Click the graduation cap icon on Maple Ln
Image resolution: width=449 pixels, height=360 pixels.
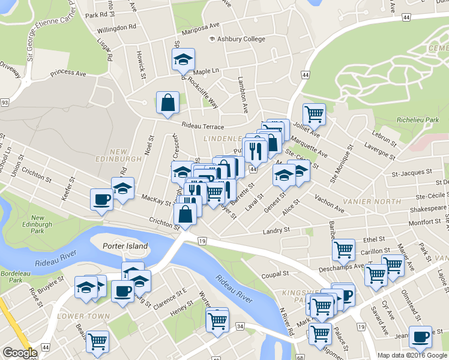click(x=184, y=59)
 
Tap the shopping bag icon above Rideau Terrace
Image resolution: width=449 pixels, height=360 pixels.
click(x=167, y=103)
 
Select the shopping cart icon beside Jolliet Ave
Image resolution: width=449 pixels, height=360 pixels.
click(x=313, y=113)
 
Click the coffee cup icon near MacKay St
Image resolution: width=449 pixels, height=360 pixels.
click(x=101, y=199)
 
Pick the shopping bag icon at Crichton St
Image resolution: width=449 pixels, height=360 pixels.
click(x=185, y=214)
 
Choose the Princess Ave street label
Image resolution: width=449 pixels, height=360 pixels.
click(x=68, y=74)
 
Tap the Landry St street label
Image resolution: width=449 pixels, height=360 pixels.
click(x=276, y=230)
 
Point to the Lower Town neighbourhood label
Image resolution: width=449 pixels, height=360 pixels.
click(x=83, y=316)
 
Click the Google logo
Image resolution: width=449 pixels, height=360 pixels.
click(x=19, y=353)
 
